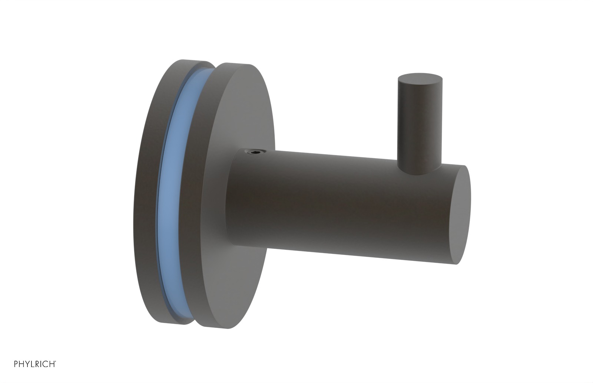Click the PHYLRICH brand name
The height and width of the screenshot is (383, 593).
pos(35,364)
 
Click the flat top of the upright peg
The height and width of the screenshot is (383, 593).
pos(420,78)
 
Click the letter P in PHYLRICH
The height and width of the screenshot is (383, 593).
pos(16,364)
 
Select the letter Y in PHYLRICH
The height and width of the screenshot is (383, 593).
pos(27,364)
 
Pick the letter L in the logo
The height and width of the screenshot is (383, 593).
pos(32,364)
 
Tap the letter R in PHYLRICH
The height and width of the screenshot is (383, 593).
pos(37,364)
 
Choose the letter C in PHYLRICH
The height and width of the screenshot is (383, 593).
pos(46,364)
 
